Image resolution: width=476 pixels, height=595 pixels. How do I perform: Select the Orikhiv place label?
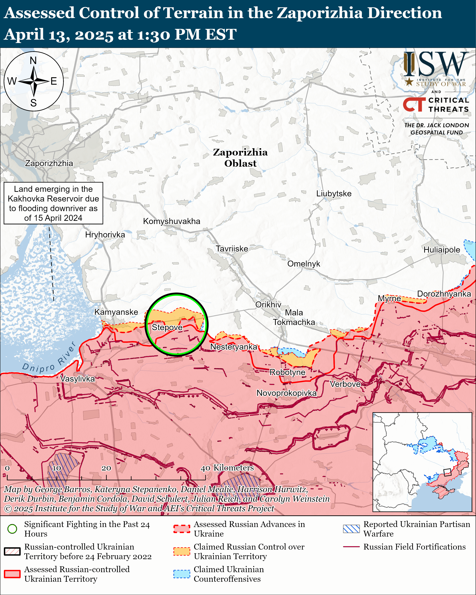click(268, 304)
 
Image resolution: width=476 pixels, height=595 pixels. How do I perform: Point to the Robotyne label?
click(287, 372)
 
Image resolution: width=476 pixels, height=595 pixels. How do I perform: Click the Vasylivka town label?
click(78, 379)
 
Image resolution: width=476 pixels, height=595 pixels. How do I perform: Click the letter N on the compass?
click(33, 60)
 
